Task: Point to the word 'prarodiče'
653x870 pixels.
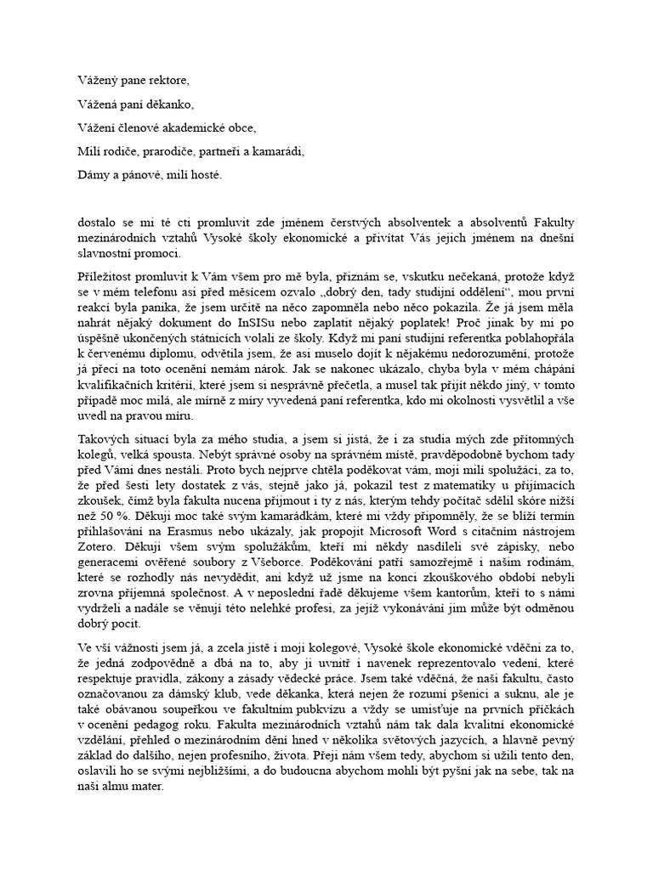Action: pos(159,152)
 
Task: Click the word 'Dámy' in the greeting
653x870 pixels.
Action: pos(90,176)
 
